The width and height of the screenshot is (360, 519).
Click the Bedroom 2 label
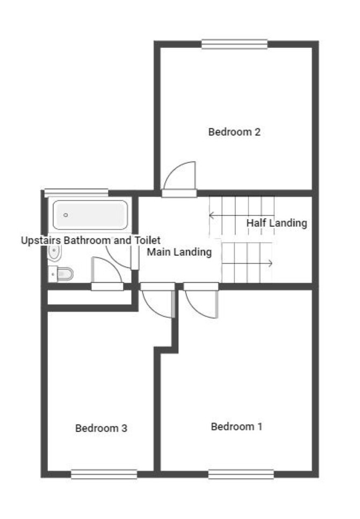click(234, 132)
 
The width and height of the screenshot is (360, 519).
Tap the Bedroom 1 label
click(236, 427)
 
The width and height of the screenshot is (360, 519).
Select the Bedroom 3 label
click(101, 428)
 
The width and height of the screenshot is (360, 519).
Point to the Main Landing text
click(179, 252)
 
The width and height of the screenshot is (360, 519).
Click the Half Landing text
click(277, 223)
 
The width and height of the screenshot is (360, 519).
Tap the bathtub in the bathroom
click(90, 215)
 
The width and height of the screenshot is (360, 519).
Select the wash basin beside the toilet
click(54, 253)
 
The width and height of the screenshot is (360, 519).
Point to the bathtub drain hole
click(66, 215)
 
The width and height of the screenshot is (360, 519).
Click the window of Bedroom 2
click(235, 45)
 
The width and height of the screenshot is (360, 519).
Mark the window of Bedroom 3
click(104, 474)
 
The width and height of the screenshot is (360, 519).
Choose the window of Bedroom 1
click(241, 474)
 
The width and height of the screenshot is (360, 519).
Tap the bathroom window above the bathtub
click(76, 193)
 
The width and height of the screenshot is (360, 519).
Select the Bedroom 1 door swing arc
click(195, 310)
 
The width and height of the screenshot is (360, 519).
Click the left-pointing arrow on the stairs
click(242, 215)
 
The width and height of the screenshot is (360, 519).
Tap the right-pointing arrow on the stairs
click(247, 263)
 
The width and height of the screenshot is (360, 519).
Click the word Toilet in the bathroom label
click(148, 240)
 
